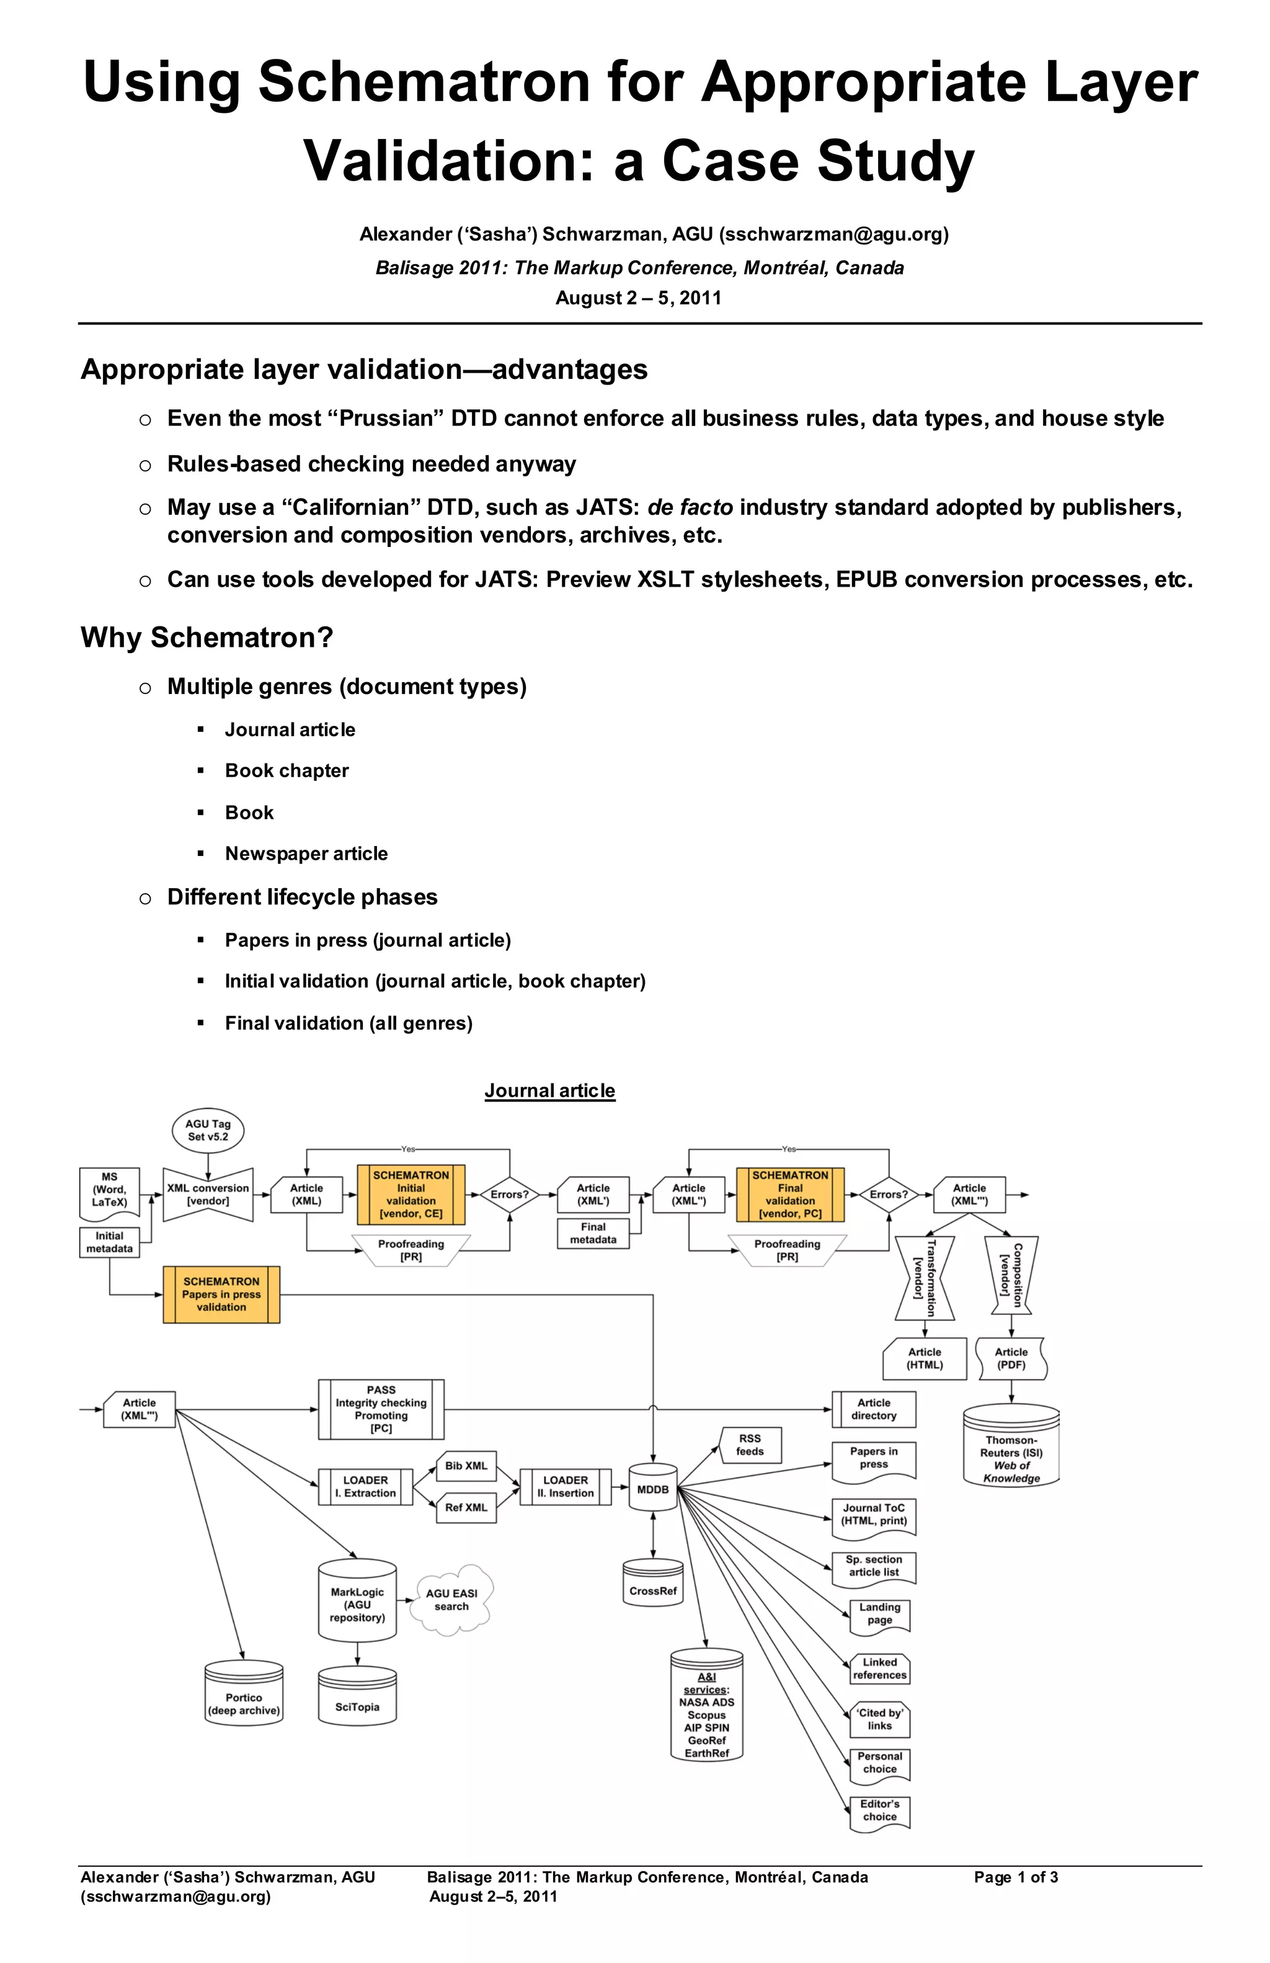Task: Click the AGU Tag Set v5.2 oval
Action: click(x=208, y=1130)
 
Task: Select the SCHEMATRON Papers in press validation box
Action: click(x=221, y=1294)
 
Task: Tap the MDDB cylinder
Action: click(x=653, y=1489)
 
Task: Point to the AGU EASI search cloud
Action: click(x=451, y=1600)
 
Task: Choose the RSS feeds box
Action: click(x=750, y=1445)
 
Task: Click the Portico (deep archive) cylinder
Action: click(x=244, y=1704)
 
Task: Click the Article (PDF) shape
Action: click(x=1011, y=1358)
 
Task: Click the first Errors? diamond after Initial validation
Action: click(x=509, y=1195)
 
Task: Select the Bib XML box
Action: click(x=466, y=1466)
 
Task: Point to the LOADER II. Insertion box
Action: click(x=566, y=1486)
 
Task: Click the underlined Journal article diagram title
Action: click(x=549, y=1090)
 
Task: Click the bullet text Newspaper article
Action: click(x=306, y=853)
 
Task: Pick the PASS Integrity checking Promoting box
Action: click(x=381, y=1409)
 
